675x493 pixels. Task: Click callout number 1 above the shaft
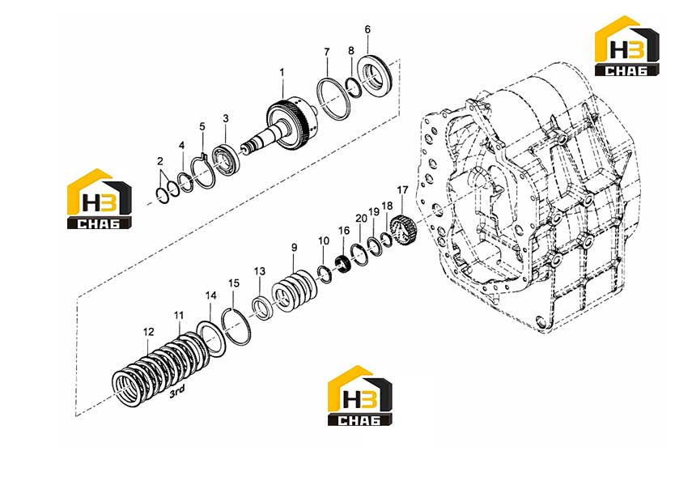point(282,72)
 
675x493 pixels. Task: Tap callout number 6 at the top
point(367,29)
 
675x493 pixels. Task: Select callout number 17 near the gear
point(402,190)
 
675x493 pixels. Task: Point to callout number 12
point(149,332)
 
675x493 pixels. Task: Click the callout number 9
point(294,248)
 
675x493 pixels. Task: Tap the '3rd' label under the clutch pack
point(176,391)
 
